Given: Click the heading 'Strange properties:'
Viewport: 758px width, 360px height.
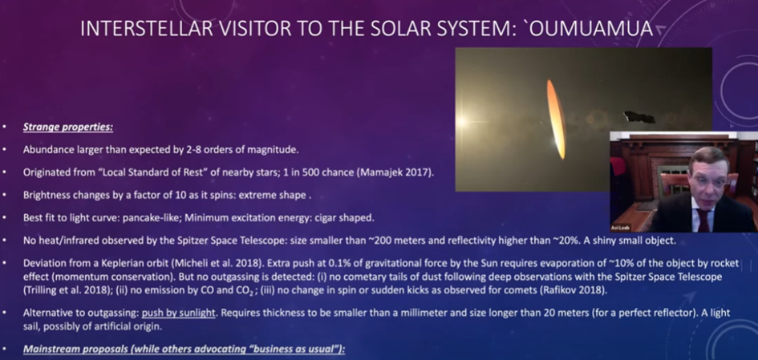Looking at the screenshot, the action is pos(67,127).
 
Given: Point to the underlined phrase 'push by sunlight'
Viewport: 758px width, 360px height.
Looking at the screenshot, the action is pos(178,313).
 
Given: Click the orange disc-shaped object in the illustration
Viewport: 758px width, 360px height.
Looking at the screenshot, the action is pos(556,119).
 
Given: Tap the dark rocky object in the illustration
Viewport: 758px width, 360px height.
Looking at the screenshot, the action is pos(639,117).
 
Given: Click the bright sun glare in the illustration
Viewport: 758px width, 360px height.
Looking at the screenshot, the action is pos(463,121).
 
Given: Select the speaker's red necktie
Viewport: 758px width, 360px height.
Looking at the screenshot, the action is pos(703,220).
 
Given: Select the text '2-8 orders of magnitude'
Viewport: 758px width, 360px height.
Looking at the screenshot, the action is pos(241,150).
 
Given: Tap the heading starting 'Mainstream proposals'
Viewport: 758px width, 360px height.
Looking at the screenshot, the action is pos(184,349).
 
